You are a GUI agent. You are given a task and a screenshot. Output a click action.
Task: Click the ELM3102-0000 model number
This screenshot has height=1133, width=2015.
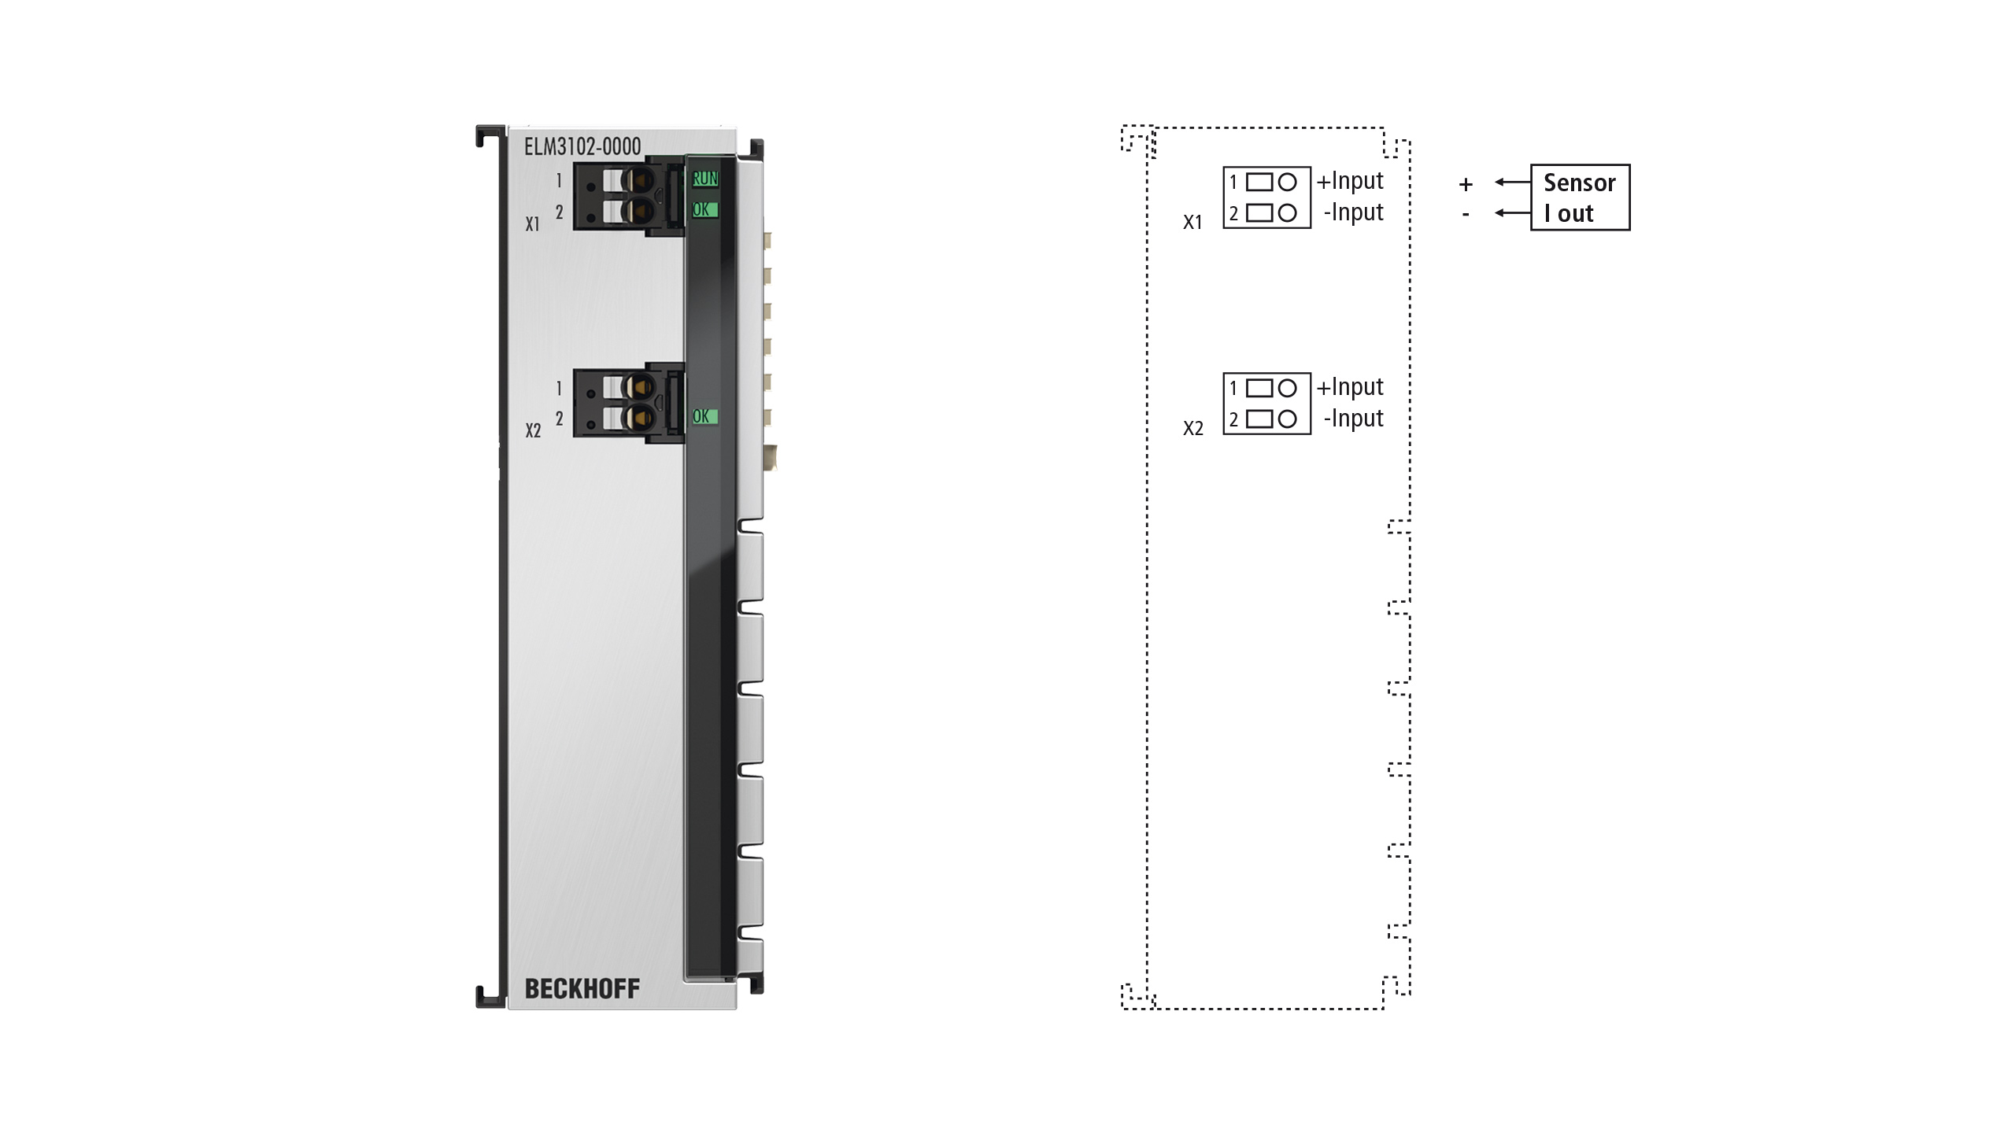[x=582, y=146]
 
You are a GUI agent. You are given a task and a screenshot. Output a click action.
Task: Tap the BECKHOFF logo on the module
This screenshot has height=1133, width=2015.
[x=582, y=988]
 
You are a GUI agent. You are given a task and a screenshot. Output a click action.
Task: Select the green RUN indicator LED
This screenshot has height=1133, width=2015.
[x=704, y=179]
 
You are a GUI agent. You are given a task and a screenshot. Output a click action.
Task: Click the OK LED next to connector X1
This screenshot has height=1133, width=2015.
[x=704, y=209]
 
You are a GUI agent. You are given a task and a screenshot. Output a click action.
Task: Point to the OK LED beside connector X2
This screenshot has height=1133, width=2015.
[x=704, y=416]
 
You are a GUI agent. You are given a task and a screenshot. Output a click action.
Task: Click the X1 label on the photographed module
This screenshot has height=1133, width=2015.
[x=533, y=224]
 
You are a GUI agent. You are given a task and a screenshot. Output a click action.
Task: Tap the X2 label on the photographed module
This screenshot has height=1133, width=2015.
[x=533, y=430]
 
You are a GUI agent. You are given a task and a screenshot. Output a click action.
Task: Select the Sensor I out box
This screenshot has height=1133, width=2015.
[x=1580, y=197]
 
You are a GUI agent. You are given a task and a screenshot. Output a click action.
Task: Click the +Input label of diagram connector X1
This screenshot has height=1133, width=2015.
[x=1350, y=181]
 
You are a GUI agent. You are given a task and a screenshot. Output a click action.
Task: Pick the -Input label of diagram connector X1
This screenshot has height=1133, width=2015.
[x=1353, y=212]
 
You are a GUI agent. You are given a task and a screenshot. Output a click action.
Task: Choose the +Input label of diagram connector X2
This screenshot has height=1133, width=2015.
[x=1350, y=387]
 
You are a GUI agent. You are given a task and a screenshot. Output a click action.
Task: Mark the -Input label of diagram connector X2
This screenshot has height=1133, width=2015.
[x=1353, y=419]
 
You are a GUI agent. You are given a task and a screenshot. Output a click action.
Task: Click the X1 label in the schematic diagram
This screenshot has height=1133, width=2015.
[x=1193, y=223]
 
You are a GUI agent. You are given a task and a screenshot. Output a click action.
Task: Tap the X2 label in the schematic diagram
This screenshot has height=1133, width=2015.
[x=1193, y=429]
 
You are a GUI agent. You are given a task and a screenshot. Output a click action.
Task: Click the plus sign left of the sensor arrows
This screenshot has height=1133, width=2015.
[x=1466, y=184]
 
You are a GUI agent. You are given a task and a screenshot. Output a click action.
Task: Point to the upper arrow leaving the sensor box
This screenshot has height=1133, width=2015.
[x=1512, y=182]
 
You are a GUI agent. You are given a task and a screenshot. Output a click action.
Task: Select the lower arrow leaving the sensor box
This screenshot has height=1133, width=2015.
[x=1512, y=212]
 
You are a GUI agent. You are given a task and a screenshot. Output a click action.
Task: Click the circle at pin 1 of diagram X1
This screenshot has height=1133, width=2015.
[x=1287, y=183]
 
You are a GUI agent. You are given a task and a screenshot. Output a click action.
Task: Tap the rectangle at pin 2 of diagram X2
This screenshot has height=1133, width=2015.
[x=1259, y=419]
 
